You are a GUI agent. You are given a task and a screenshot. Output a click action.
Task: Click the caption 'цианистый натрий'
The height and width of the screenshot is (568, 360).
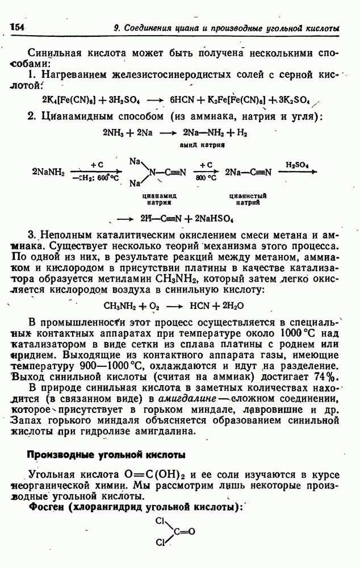point(248,198)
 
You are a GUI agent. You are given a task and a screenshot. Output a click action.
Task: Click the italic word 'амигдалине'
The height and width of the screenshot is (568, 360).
point(185,399)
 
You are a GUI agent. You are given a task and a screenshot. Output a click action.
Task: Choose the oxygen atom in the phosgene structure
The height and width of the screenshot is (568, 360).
point(191,532)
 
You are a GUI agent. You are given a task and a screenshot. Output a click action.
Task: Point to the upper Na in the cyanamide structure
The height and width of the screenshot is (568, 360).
point(135,161)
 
